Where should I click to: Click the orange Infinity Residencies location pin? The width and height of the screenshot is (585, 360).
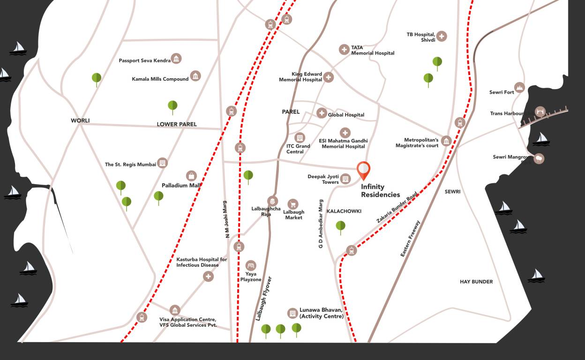pos(363,170)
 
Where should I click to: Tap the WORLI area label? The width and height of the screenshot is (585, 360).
pos(80,120)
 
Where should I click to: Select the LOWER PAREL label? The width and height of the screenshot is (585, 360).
pos(177,124)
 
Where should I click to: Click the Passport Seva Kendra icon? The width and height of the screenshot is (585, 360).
pos(176,59)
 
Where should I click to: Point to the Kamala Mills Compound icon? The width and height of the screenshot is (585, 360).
pos(195,76)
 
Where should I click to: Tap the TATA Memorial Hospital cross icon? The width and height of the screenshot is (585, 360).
pos(344,50)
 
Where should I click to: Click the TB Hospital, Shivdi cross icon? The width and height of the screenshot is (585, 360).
pos(442,36)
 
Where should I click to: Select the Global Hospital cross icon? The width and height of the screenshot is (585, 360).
pos(322,113)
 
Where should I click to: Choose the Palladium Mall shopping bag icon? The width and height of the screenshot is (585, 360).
pos(191,176)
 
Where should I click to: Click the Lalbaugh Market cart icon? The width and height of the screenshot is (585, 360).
pos(293,204)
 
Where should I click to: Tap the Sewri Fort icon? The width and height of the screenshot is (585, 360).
pos(519,87)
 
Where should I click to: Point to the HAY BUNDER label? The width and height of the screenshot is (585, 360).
pos(476,282)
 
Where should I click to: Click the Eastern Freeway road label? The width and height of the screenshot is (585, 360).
pos(411,238)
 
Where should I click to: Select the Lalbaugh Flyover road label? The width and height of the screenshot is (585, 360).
pos(264,299)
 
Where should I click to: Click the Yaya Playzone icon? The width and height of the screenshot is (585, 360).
pos(251,265)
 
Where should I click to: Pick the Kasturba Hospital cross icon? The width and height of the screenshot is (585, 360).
pos(208,277)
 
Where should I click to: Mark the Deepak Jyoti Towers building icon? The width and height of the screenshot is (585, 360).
pos(345,179)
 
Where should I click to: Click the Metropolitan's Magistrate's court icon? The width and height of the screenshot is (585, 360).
pos(446,141)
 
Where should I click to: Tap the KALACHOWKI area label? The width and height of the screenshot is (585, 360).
pos(344,211)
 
